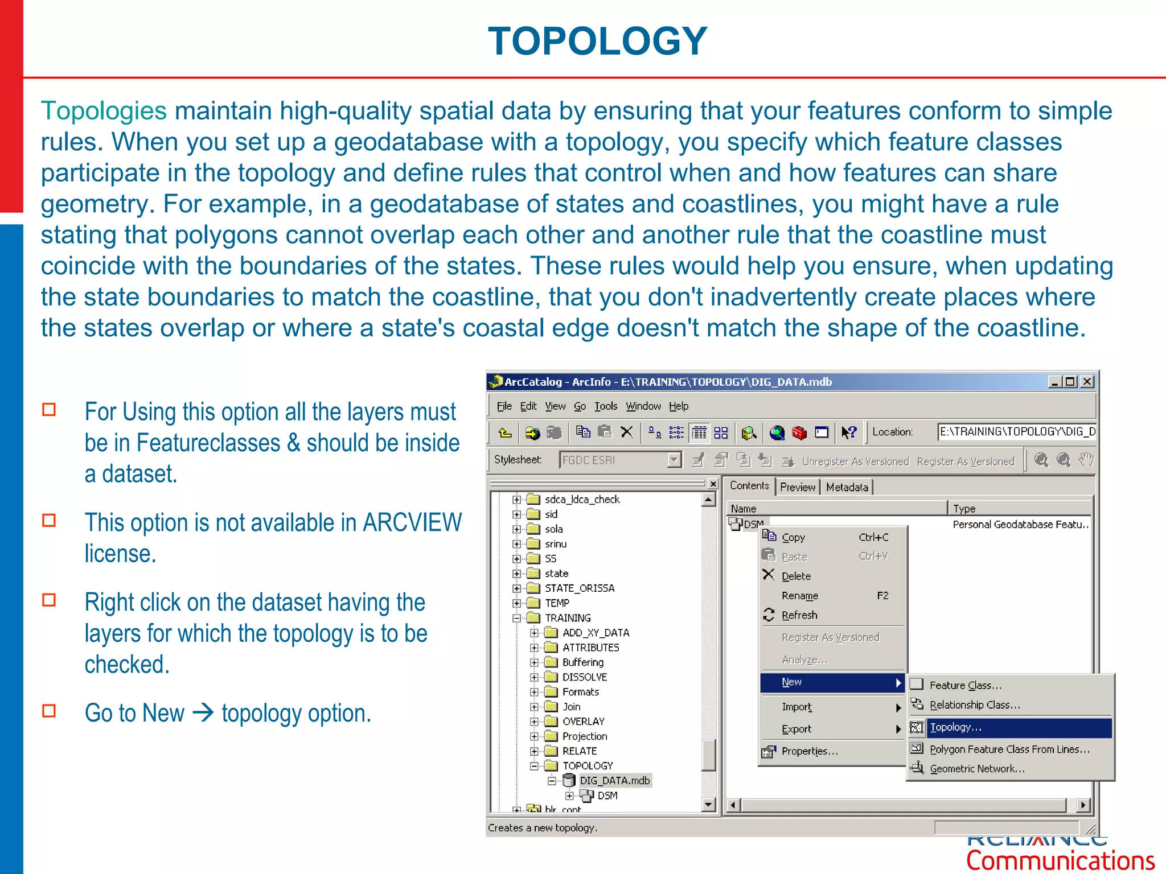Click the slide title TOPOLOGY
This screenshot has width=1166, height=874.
(x=597, y=42)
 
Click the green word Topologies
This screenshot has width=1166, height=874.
(x=104, y=111)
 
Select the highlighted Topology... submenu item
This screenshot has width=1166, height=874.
(x=956, y=727)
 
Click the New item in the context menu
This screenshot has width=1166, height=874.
(x=792, y=682)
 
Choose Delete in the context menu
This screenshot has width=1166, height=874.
(x=796, y=576)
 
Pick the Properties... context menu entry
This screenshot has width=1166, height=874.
(x=809, y=751)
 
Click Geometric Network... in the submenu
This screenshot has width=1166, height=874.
(x=977, y=769)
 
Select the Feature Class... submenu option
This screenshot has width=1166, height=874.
(x=966, y=686)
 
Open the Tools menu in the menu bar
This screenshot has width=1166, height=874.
(x=606, y=406)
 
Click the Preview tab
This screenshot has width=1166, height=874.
(x=797, y=487)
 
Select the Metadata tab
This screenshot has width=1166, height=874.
(x=847, y=487)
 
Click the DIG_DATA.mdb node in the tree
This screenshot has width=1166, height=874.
(x=614, y=781)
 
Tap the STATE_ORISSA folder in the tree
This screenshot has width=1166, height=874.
(x=580, y=588)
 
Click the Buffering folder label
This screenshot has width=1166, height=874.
(x=583, y=662)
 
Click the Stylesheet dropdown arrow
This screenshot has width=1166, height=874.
(x=674, y=460)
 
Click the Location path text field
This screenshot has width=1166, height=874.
(x=1017, y=432)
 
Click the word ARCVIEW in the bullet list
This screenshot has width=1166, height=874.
(x=412, y=522)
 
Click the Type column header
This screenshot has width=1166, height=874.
(x=964, y=509)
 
